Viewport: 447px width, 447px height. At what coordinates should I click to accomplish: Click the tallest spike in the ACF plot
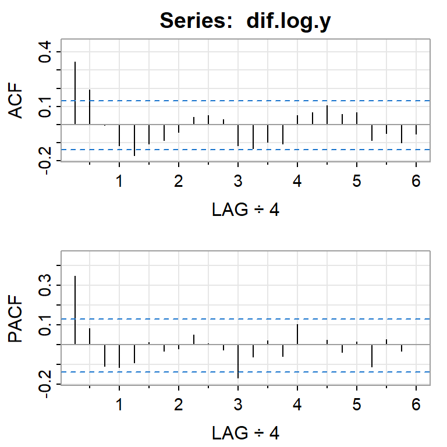pyautogui.click(x=75, y=93)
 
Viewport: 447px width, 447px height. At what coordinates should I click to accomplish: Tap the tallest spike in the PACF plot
pyautogui.click(x=75, y=310)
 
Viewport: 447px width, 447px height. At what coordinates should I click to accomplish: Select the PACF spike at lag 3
pyautogui.click(x=238, y=361)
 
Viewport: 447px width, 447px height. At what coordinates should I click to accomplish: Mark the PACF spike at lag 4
pyautogui.click(x=297, y=334)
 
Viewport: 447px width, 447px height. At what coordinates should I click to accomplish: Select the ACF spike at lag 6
pyautogui.click(x=416, y=130)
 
